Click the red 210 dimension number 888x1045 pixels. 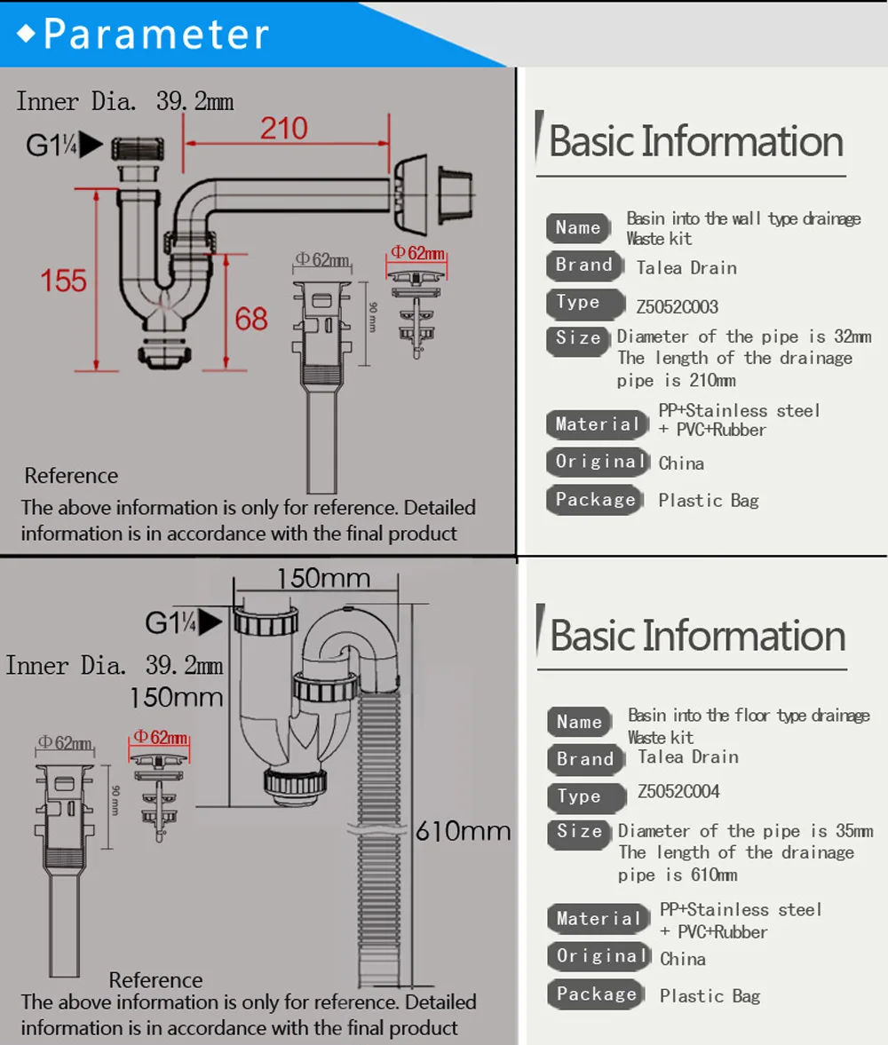click(x=284, y=128)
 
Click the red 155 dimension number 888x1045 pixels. click(x=63, y=281)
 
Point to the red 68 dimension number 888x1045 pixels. click(x=250, y=319)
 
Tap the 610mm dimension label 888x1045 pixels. click(x=464, y=831)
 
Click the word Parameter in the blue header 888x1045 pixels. click(x=156, y=34)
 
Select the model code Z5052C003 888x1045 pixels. click(x=678, y=306)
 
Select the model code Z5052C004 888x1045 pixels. click(x=678, y=792)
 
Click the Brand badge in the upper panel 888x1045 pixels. click(x=584, y=265)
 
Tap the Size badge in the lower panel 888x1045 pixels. click(x=579, y=832)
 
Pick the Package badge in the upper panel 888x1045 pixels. click(x=595, y=500)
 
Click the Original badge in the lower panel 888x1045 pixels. click(x=599, y=955)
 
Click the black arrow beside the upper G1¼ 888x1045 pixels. click(x=91, y=145)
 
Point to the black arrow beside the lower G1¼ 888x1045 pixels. click(x=210, y=621)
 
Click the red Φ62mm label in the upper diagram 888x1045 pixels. click(x=418, y=253)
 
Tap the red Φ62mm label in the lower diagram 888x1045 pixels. click(x=160, y=737)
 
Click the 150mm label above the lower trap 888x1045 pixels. click(x=323, y=578)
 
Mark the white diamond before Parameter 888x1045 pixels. click(x=26, y=34)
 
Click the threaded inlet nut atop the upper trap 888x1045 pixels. click(x=138, y=149)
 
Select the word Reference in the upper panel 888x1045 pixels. click(x=71, y=476)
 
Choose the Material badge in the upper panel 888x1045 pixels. click(x=597, y=424)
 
